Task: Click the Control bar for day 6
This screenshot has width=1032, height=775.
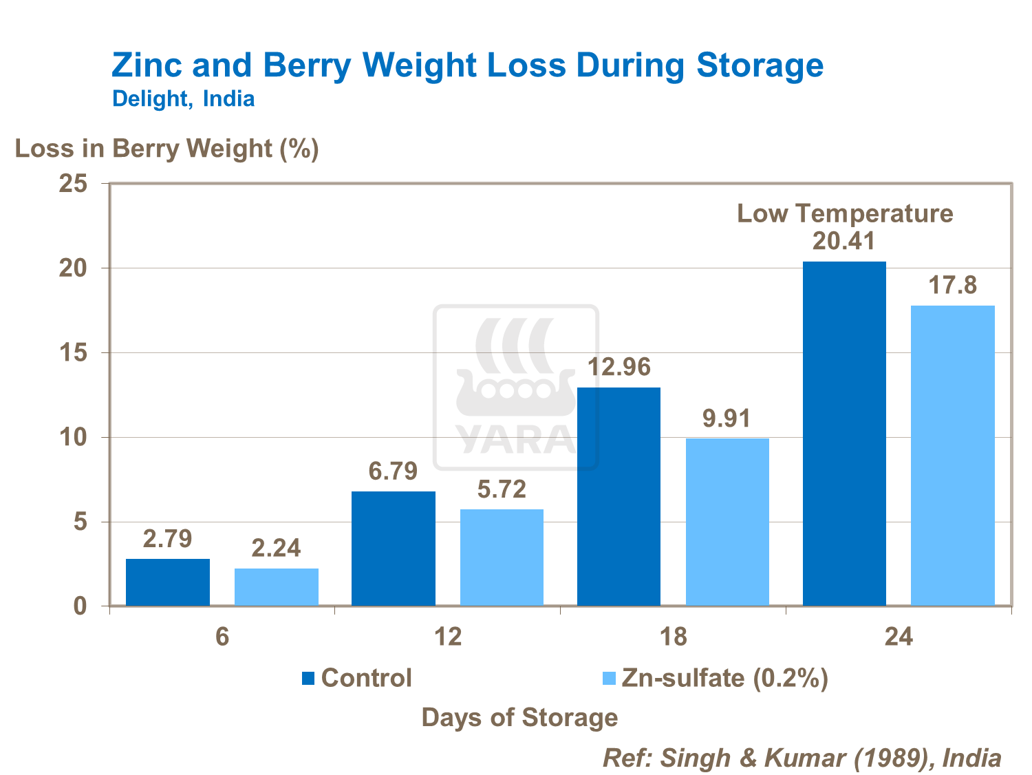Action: [x=168, y=582]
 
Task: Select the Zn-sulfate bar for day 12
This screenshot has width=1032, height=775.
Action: [x=502, y=558]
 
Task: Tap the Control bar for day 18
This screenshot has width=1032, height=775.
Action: [x=619, y=496]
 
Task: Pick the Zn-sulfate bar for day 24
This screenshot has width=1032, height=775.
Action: [x=953, y=456]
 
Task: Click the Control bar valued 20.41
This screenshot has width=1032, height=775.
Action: [x=844, y=434]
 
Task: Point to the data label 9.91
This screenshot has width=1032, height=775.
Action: [x=727, y=418]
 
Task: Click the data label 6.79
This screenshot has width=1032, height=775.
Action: [x=393, y=471]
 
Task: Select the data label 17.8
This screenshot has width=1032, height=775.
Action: [x=953, y=285]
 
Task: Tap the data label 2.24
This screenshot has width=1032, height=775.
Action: [x=276, y=548]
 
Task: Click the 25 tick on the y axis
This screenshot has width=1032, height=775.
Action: [x=74, y=184]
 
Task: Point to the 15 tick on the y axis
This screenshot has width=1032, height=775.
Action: [x=74, y=353]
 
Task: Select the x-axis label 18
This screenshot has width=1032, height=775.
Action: [x=674, y=637]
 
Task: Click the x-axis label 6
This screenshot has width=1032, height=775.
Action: [x=222, y=637]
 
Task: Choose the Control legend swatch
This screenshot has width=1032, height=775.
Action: [x=308, y=679]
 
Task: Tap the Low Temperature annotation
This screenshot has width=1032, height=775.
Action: [x=845, y=213]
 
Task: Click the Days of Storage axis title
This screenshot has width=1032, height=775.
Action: [x=519, y=717]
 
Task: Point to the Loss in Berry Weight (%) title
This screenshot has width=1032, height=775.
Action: [x=167, y=149]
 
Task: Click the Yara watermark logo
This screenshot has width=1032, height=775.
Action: [x=516, y=387]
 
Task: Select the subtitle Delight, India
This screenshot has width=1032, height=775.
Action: [x=183, y=99]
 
